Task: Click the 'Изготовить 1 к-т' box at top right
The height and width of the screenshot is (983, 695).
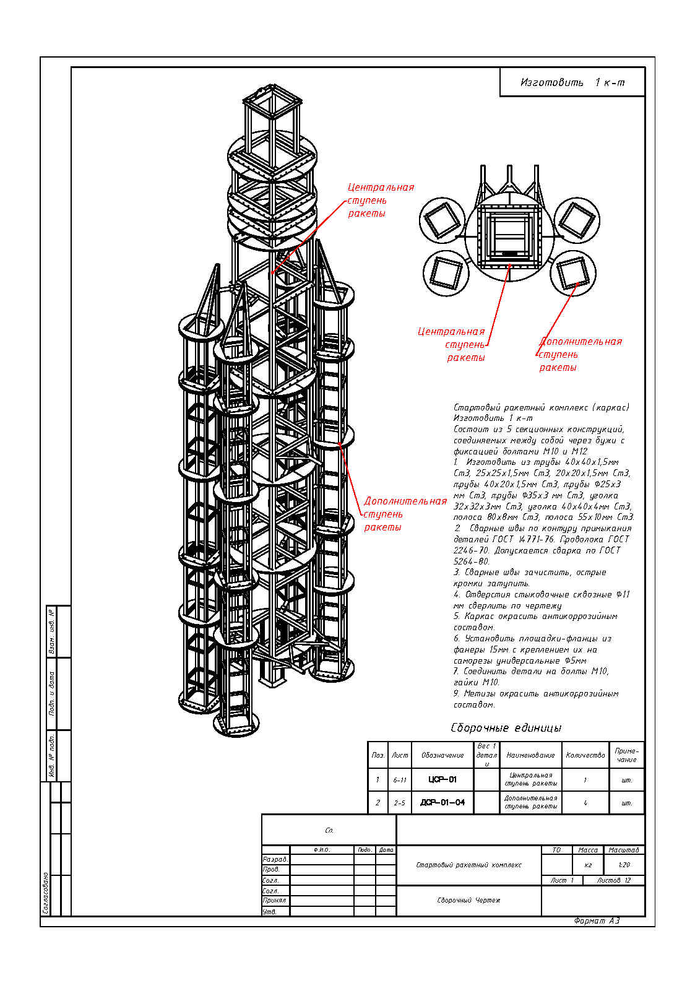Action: (572, 82)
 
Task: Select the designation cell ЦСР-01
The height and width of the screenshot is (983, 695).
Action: (442, 779)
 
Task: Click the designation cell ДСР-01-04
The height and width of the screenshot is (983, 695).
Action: (442, 802)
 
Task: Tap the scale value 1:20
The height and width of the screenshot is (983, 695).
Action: (624, 865)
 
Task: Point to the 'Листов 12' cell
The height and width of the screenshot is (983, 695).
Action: (613, 880)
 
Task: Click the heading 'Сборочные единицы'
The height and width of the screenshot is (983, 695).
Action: (506, 728)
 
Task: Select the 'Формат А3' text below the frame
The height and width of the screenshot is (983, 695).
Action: (596, 920)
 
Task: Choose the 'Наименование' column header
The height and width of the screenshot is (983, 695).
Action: (530, 755)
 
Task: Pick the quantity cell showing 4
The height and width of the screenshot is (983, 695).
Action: (585, 802)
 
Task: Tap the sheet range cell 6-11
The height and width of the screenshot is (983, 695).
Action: (400, 780)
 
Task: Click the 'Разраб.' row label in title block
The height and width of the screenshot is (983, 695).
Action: (275, 859)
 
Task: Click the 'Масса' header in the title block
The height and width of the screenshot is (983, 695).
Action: (587, 850)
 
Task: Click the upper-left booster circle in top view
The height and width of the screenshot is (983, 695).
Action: (442, 221)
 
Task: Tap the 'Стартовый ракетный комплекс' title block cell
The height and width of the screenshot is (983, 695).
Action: (468, 865)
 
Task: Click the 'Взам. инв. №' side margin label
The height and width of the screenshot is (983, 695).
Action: (52, 631)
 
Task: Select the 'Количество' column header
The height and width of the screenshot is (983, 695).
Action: (585, 755)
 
